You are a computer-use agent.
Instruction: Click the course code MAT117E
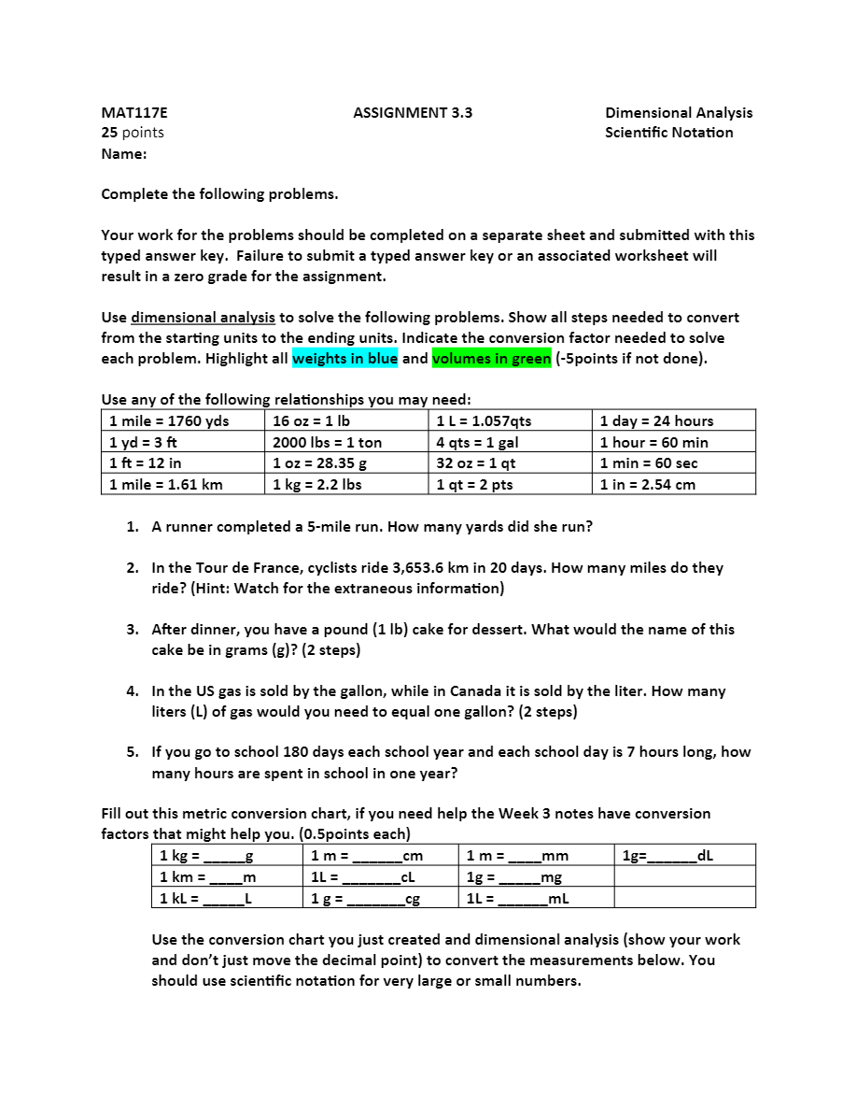(x=134, y=113)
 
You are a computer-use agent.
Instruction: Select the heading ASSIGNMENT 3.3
(x=413, y=113)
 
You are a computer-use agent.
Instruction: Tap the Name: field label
(x=124, y=154)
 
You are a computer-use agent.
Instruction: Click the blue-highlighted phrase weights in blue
(x=344, y=359)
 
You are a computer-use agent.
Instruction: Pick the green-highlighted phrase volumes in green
(x=491, y=359)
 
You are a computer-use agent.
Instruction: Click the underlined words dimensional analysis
(x=203, y=318)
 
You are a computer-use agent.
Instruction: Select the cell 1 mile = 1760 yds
(x=169, y=421)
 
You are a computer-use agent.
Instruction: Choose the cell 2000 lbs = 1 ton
(x=327, y=443)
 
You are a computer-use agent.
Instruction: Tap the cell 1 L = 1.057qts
(x=484, y=421)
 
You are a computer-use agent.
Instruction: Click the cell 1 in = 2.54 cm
(x=647, y=485)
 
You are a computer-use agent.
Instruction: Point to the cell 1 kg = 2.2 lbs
(x=316, y=485)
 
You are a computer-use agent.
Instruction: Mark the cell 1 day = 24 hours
(x=656, y=421)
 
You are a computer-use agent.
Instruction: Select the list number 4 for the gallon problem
(x=133, y=692)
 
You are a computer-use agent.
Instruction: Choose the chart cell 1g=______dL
(x=667, y=856)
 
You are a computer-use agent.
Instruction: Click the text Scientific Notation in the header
(x=668, y=133)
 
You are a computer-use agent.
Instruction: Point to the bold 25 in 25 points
(x=109, y=133)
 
